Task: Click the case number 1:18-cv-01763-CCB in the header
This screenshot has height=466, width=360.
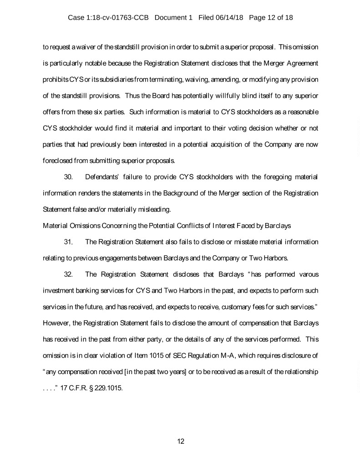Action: pyautogui.click(x=122, y=18)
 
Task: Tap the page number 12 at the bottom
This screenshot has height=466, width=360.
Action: pyautogui.click(x=180, y=441)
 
